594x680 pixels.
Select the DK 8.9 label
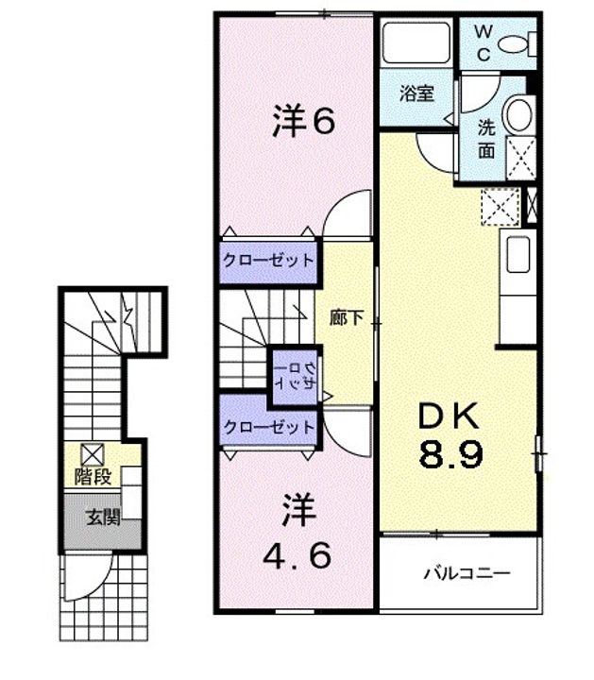(450, 433)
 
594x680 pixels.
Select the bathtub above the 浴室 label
(416, 43)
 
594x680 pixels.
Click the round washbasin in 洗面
(518, 115)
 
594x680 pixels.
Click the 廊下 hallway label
(347, 318)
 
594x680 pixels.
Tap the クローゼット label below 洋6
(268, 260)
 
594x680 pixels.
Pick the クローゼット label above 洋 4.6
(268, 426)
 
